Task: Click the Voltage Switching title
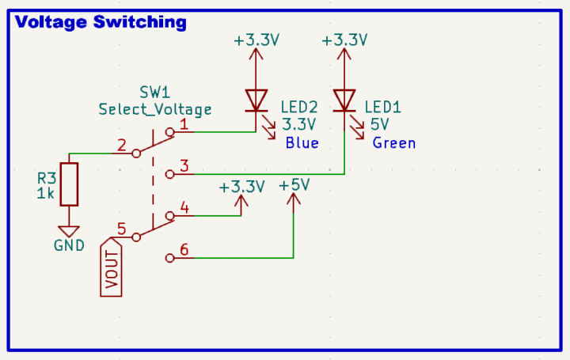coord(101,22)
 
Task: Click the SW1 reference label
coord(154,92)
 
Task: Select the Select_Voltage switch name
coord(154,109)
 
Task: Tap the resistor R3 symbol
coord(70,183)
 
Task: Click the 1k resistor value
coord(45,193)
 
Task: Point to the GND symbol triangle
coord(70,231)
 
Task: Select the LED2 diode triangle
coord(256,100)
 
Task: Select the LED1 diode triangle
coord(344,100)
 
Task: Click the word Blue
coord(301,143)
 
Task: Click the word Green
coord(393,143)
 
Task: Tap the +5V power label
coord(294,185)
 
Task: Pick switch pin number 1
coord(184,123)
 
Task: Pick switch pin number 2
coord(121,145)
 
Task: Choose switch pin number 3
coord(184,166)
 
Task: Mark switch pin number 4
coord(184,208)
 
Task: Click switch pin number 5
coord(121,229)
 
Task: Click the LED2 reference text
coord(299,107)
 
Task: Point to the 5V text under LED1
coord(379,124)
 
